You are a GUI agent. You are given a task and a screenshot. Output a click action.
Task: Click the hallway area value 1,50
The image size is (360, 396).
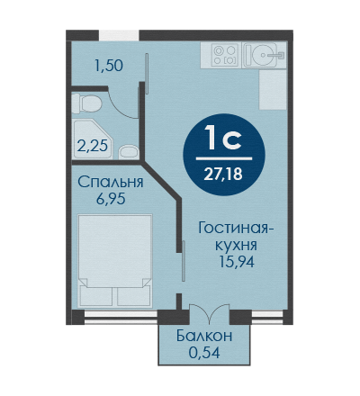coord(109,66)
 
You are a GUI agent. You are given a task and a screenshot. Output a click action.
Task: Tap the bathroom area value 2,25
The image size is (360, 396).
coord(92,147)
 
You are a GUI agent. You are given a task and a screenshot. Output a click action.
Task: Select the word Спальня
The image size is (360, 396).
coord(111,182)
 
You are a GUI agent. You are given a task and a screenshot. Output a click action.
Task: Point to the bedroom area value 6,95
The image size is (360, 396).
coord(111,198)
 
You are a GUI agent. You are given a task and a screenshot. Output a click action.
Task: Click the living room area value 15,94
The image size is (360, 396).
coord(237,262)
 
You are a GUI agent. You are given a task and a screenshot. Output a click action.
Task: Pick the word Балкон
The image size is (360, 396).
coord(204,336)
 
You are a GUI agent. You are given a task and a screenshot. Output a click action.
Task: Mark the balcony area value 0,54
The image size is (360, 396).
coord(204,353)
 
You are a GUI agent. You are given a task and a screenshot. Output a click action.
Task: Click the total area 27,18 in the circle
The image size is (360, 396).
coord(223,174)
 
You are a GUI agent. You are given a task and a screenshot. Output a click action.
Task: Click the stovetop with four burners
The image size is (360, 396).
coord(225,55)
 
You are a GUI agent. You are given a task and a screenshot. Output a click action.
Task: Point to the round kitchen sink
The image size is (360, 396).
coord(260,55)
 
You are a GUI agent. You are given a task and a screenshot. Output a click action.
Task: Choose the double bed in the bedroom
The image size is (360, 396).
coord(114,260)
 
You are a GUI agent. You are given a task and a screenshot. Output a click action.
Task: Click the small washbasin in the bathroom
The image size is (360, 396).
coord(129,152)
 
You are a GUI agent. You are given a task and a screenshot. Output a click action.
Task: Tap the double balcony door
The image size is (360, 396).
coord(210,313)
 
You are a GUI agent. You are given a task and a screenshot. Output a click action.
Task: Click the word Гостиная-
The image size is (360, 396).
coord(236,229)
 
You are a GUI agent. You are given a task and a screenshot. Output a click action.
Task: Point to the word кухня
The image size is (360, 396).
coord(237,245)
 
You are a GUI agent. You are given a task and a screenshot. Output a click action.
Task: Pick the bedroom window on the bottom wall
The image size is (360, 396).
coord(121,318)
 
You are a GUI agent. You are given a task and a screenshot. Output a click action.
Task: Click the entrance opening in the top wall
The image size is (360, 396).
coord(119,35)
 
